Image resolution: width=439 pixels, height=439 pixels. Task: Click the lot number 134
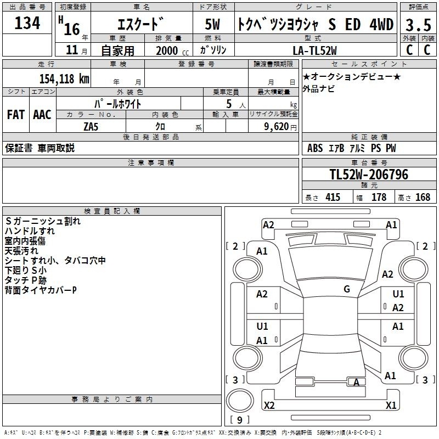pyautogui.click(x=27, y=23)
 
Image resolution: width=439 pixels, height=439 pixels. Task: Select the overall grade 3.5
pyautogui.click(x=418, y=25)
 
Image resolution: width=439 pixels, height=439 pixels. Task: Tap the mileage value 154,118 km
pyautogui.click(x=64, y=79)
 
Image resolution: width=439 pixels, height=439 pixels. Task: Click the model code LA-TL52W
pyautogui.click(x=314, y=50)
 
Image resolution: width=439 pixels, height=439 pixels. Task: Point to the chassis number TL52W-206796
pyautogui.click(x=369, y=175)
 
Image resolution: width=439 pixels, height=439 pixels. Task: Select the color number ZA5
pyautogui.click(x=91, y=127)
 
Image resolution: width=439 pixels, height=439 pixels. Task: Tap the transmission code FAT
pyautogui.click(x=16, y=115)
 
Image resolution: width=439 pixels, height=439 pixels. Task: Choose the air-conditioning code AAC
pyautogui.click(x=42, y=115)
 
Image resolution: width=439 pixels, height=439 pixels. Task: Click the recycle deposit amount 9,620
pyautogui.click(x=277, y=127)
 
